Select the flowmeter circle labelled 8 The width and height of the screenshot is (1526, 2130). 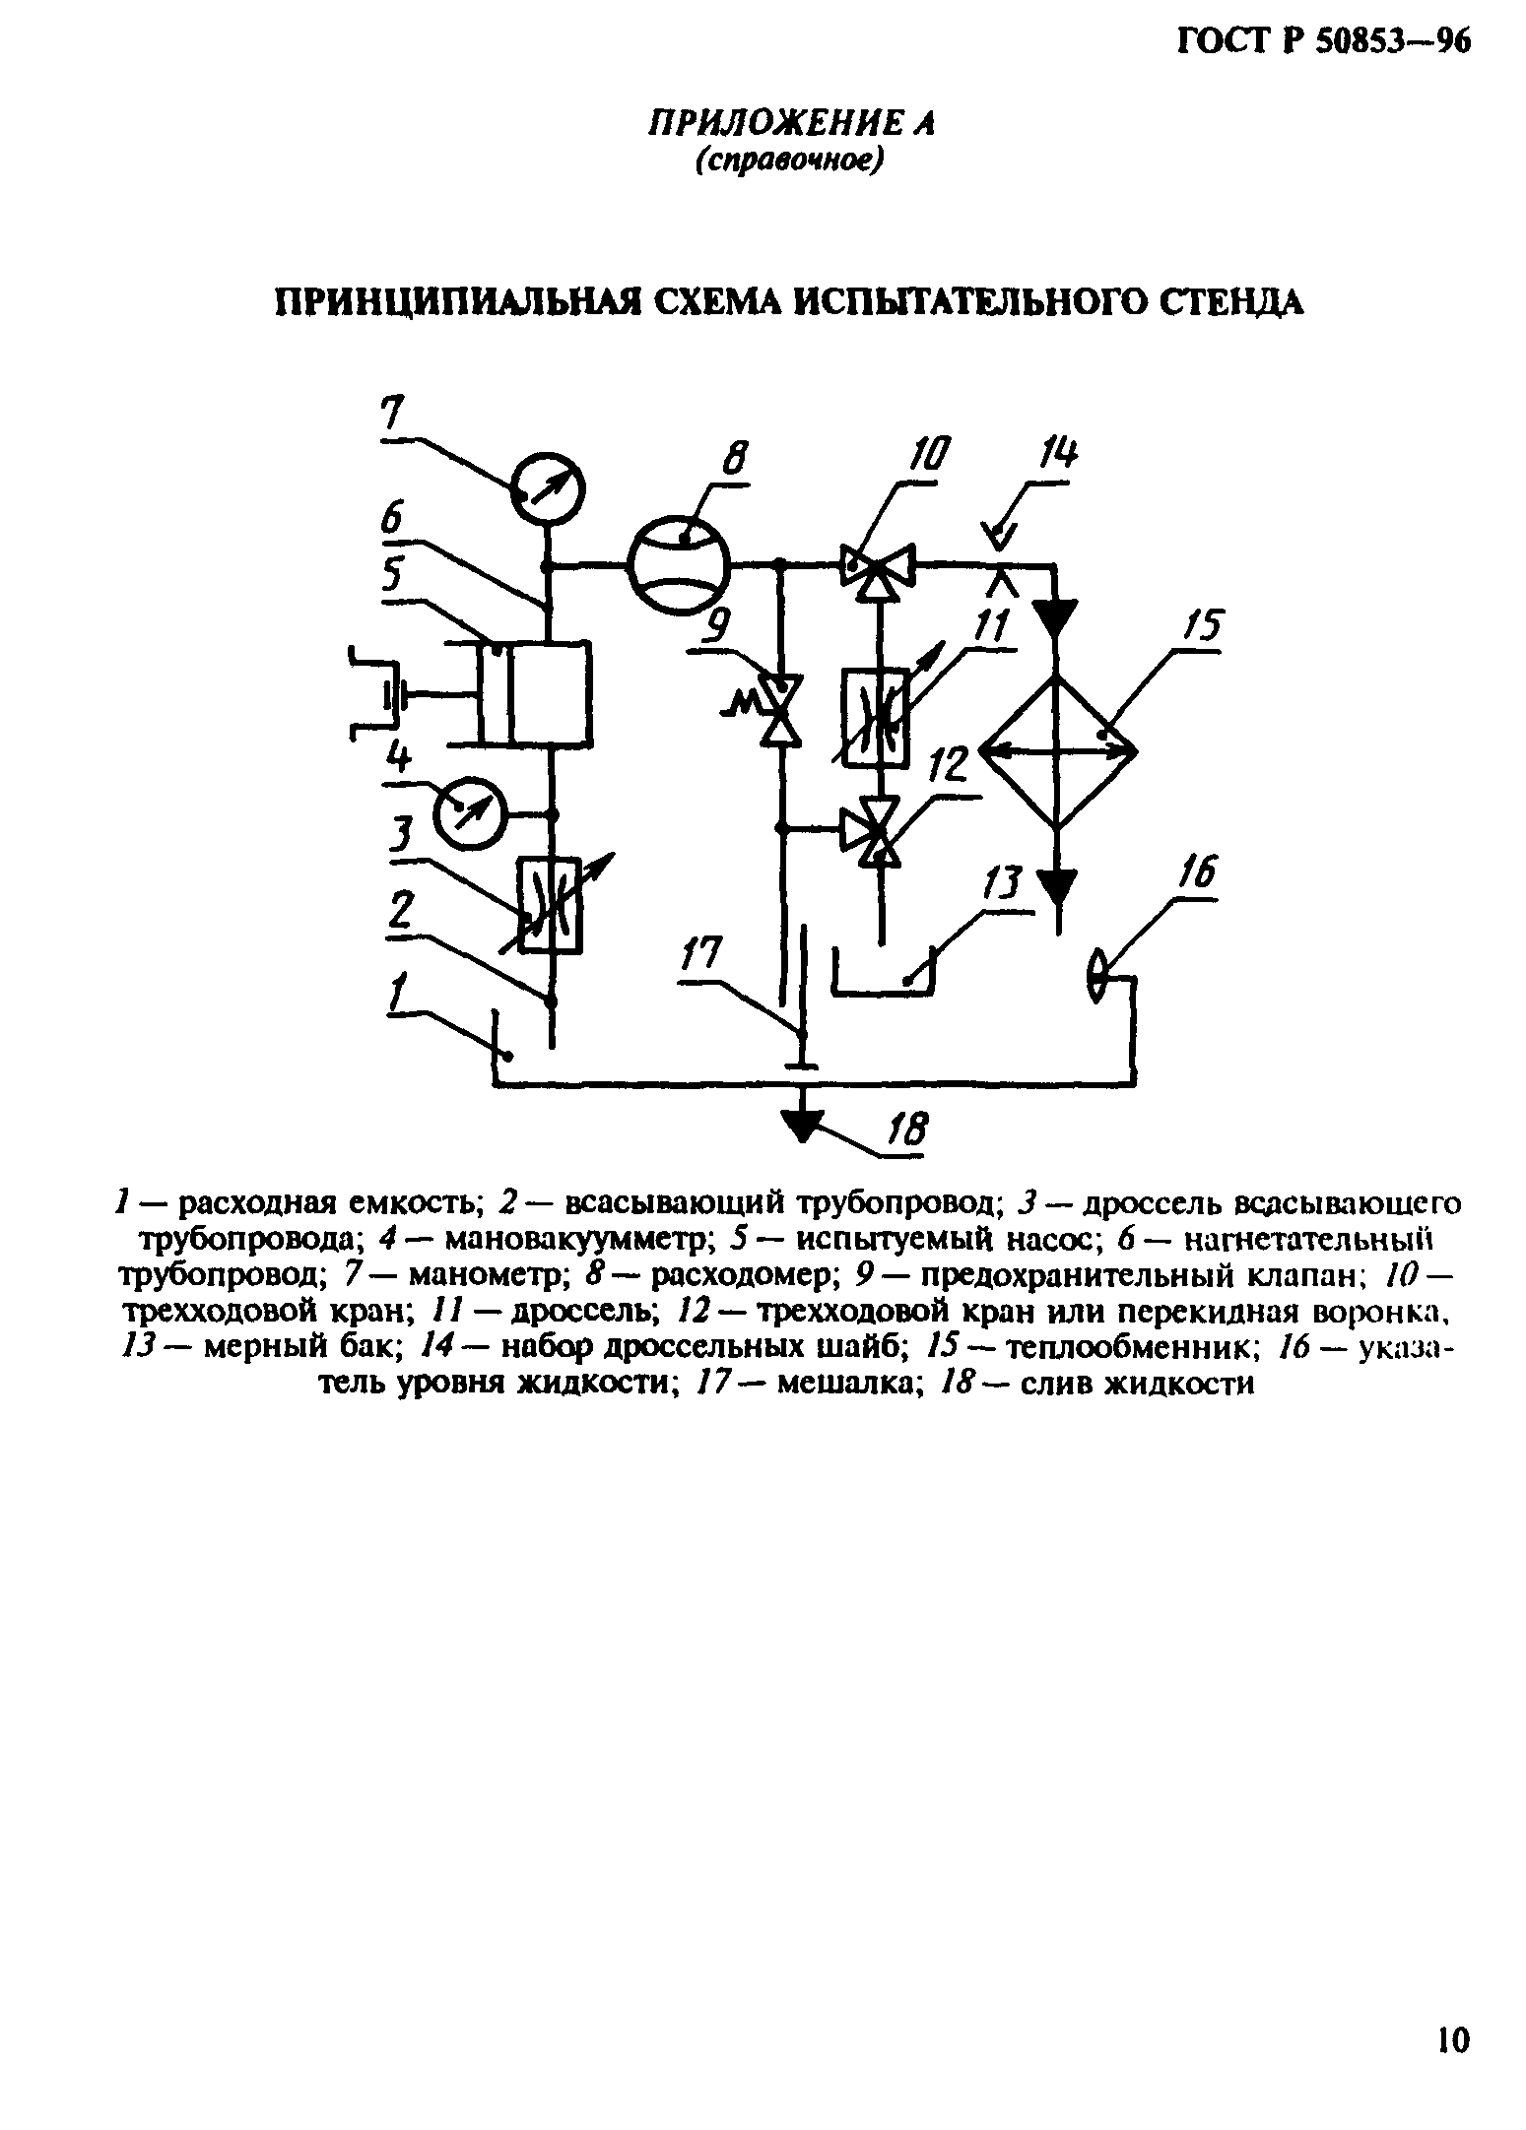[x=677, y=565]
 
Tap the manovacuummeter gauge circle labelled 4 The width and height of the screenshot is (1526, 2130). [x=469, y=812]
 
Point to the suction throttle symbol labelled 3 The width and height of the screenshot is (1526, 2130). [x=551, y=904]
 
